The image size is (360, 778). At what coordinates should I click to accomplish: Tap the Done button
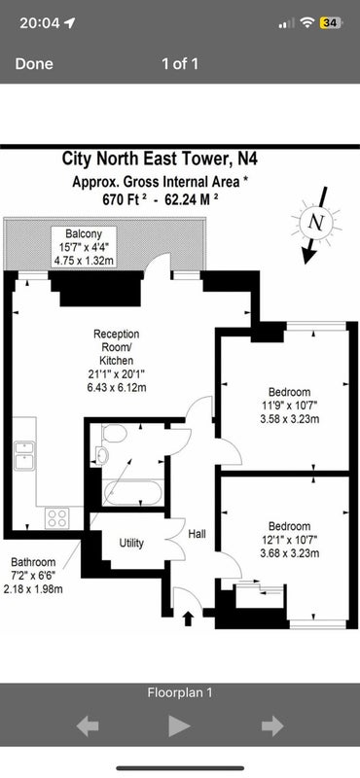click(34, 64)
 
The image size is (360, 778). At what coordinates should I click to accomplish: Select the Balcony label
click(84, 233)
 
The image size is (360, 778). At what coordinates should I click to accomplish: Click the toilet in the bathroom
click(114, 433)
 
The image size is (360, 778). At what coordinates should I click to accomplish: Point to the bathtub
click(131, 493)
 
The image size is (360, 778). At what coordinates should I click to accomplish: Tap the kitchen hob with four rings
click(56, 518)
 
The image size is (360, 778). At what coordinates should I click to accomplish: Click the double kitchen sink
click(23, 455)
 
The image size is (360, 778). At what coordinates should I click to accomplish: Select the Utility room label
click(131, 543)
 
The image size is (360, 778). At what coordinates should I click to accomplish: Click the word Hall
click(198, 534)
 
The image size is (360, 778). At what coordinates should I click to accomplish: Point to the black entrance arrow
click(188, 619)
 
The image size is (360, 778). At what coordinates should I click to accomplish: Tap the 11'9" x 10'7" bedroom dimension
click(290, 406)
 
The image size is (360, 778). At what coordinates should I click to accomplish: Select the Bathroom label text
click(33, 563)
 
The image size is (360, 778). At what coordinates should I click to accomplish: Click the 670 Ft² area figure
click(125, 200)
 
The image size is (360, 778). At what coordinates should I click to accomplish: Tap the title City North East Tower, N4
click(160, 159)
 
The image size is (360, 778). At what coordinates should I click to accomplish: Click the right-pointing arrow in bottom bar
click(272, 726)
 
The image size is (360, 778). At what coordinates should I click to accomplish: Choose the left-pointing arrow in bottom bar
click(88, 726)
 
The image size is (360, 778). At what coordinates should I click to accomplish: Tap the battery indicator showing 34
click(330, 22)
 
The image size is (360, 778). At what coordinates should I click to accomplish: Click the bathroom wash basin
click(102, 456)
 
